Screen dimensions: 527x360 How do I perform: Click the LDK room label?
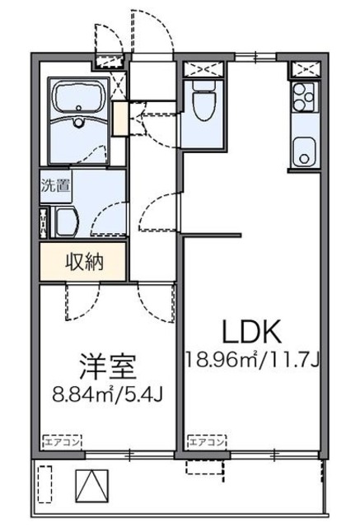252,332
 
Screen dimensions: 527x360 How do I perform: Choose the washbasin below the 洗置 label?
67,220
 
